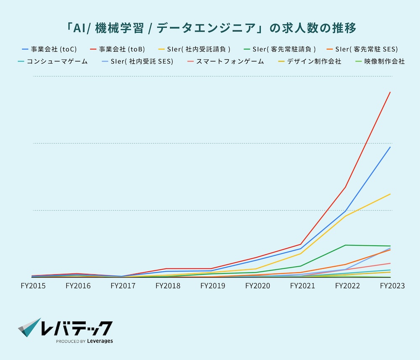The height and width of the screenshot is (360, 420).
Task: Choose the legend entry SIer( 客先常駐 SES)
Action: point(367,49)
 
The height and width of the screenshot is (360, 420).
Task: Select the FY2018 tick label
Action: point(168,286)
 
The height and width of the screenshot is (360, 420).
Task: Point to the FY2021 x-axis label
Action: point(302,286)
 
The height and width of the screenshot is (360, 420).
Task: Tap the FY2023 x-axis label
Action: point(392,286)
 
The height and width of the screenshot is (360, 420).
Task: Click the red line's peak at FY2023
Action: point(390,92)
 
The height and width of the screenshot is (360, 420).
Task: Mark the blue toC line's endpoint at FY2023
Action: point(390,147)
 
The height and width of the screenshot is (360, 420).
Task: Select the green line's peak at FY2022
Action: point(345,245)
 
